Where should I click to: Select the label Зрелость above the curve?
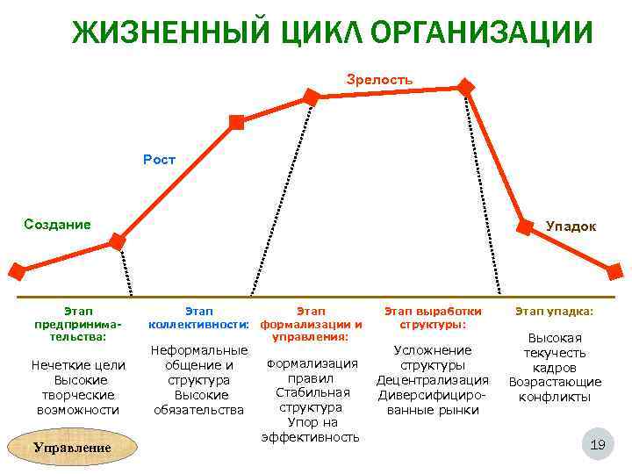tap(379, 80)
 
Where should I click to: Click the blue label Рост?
tap(159, 160)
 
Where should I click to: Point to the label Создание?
tap(57, 224)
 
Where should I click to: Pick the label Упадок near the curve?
tap(570, 226)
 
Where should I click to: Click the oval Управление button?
tap(71, 447)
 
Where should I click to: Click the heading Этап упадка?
tap(554, 311)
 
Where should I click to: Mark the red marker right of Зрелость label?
tap(466, 87)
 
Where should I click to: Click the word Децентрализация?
tap(433, 380)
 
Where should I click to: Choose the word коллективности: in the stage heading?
tap(199, 324)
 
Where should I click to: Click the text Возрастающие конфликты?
tap(555, 389)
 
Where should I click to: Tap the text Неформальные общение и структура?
tap(199, 365)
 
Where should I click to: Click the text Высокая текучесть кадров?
tap(555, 353)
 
